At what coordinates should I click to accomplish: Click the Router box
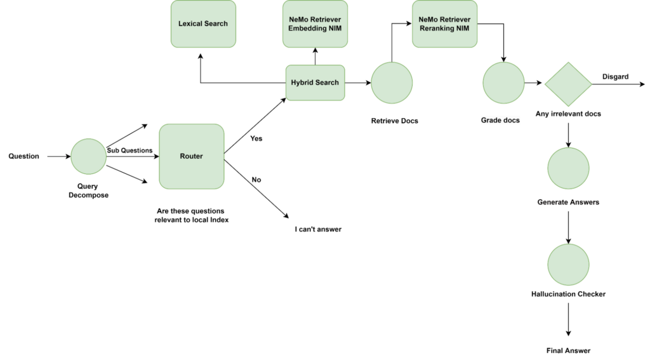click(x=191, y=156)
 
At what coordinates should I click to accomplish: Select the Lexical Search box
click(x=203, y=23)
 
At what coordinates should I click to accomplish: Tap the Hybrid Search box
click(x=315, y=83)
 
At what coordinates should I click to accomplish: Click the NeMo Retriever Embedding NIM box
click(x=315, y=23)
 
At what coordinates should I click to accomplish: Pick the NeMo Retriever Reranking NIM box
click(x=445, y=23)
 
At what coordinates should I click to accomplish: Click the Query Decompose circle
click(x=89, y=156)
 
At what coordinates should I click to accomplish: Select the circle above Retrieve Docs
click(x=392, y=83)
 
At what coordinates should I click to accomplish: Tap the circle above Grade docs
click(x=503, y=83)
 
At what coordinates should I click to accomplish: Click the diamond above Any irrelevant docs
click(x=568, y=84)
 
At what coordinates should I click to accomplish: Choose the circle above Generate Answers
click(x=568, y=168)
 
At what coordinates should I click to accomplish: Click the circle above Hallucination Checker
click(x=568, y=265)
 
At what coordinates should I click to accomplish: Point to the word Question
click(x=23, y=156)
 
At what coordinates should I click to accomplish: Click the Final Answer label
click(x=568, y=350)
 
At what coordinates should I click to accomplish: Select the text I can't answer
click(x=318, y=229)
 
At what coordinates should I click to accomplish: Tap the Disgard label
click(x=615, y=77)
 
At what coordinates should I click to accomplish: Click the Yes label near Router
click(x=256, y=138)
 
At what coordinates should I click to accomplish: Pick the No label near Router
click(x=256, y=180)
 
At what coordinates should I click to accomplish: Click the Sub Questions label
click(x=129, y=150)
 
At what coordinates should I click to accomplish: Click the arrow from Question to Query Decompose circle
click(x=58, y=156)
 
